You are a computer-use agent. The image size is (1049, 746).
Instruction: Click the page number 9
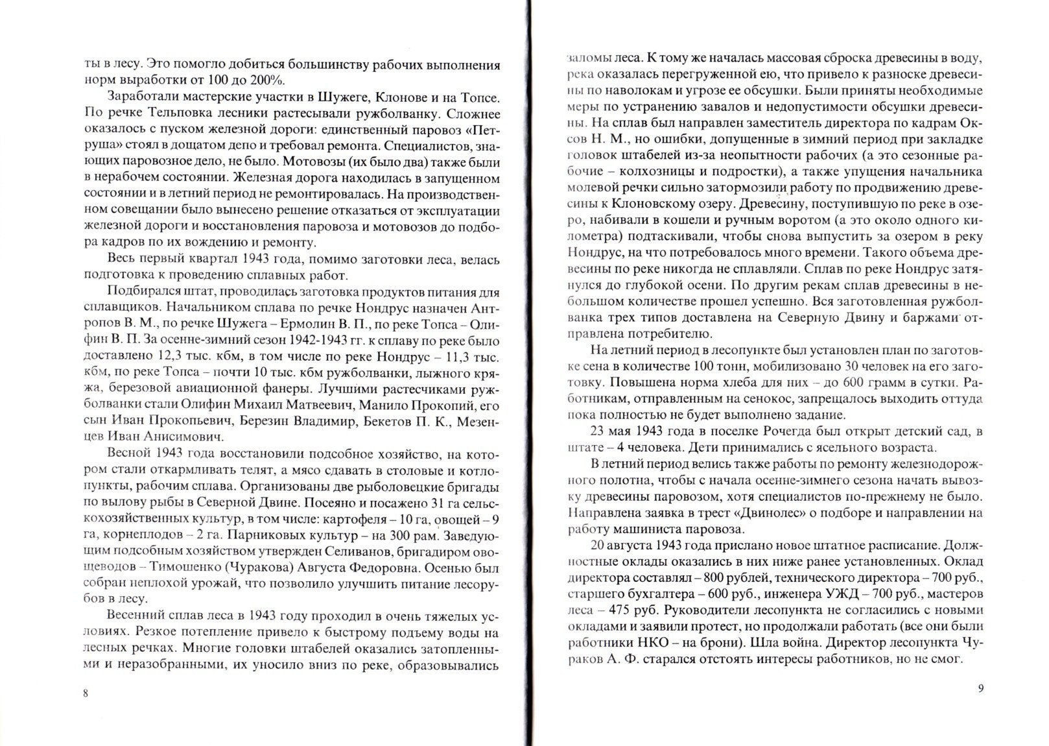[x=980, y=689]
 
